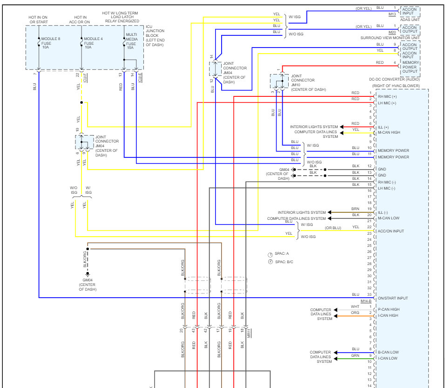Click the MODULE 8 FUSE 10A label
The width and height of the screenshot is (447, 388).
click(50, 43)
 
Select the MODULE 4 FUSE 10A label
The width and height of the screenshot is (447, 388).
click(93, 43)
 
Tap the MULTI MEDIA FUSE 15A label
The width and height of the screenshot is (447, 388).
click(132, 41)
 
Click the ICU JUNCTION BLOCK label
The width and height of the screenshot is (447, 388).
click(155, 36)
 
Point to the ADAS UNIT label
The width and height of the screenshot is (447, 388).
click(410, 20)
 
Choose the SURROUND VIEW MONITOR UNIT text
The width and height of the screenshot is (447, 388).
click(390, 38)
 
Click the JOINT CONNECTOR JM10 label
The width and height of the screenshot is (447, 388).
click(308, 82)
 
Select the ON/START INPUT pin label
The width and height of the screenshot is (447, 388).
click(393, 298)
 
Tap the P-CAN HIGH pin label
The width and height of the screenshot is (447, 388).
click(388, 309)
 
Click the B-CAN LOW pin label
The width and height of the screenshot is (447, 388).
click(388, 352)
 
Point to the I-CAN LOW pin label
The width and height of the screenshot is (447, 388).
click(387, 358)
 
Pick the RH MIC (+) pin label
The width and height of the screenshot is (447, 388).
click(387, 96)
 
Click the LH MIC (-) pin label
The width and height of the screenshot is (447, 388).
click(386, 189)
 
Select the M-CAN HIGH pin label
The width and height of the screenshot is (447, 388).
click(389, 132)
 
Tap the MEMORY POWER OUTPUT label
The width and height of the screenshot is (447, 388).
click(411, 67)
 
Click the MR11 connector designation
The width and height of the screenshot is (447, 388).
click(249, 333)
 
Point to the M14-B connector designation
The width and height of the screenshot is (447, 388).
click(366, 301)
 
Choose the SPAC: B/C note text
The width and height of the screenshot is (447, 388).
click(284, 262)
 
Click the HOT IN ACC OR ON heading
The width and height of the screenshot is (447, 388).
click(80, 20)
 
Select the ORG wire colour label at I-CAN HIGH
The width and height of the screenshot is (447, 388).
click(355, 313)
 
